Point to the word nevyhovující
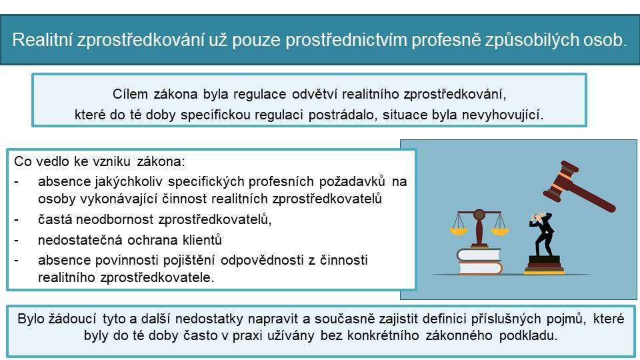click(x=503, y=115)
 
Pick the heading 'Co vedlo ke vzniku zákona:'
click(x=99, y=161)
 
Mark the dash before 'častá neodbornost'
click(x=16, y=220)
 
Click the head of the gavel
click(x=561, y=181)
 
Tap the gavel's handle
click(x=593, y=197)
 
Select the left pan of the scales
click(x=459, y=231)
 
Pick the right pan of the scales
click(x=499, y=231)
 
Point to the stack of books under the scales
click(x=479, y=261)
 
